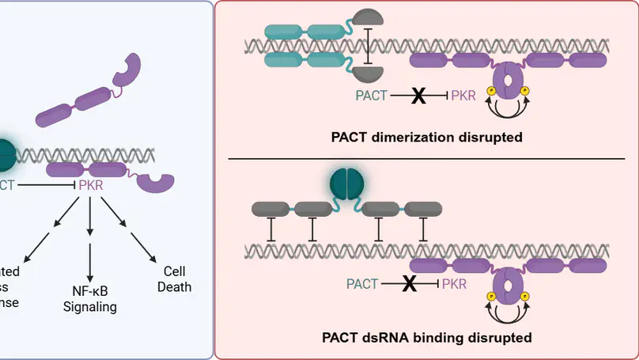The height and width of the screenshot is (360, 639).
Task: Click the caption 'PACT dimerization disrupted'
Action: [x=426, y=137]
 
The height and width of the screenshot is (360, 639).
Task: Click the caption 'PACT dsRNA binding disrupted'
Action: [x=426, y=338]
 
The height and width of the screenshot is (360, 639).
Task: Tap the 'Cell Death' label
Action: [x=174, y=279]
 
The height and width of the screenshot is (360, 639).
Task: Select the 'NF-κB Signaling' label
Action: [x=90, y=299]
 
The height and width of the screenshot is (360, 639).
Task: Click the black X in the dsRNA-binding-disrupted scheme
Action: [x=409, y=283]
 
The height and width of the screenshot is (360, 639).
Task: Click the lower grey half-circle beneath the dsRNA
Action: [x=369, y=74]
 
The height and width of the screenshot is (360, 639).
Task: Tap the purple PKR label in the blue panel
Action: [x=90, y=184]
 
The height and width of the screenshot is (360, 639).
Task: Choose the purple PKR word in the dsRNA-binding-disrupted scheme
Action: [x=454, y=283]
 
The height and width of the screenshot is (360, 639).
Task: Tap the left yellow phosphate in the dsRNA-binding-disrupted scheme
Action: [x=489, y=297]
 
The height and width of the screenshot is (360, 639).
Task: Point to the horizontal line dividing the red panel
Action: [x=426, y=158]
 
